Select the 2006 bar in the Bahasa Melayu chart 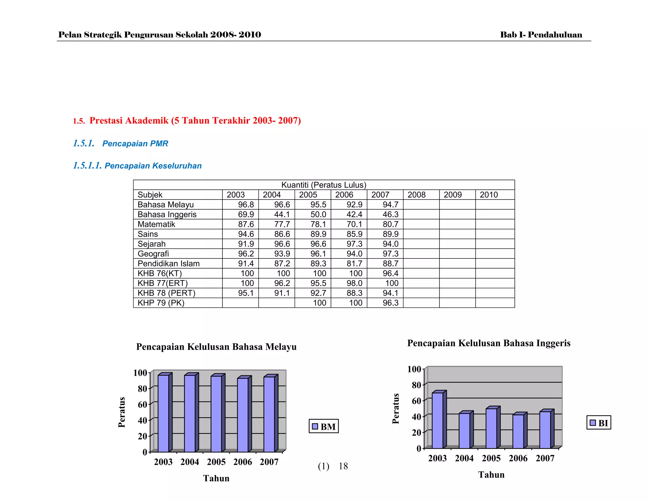243,415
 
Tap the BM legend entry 324,427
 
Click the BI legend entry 599,423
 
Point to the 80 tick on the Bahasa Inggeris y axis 416,385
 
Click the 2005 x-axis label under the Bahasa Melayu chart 216,462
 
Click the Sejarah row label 152,244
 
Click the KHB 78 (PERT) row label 166,293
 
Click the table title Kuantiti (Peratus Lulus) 324,185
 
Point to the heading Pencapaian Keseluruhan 153,166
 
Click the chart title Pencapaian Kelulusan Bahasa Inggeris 489,343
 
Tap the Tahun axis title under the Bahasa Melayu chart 216,478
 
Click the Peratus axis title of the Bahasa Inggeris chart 396,409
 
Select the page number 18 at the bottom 343,466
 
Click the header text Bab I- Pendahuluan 541,35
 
